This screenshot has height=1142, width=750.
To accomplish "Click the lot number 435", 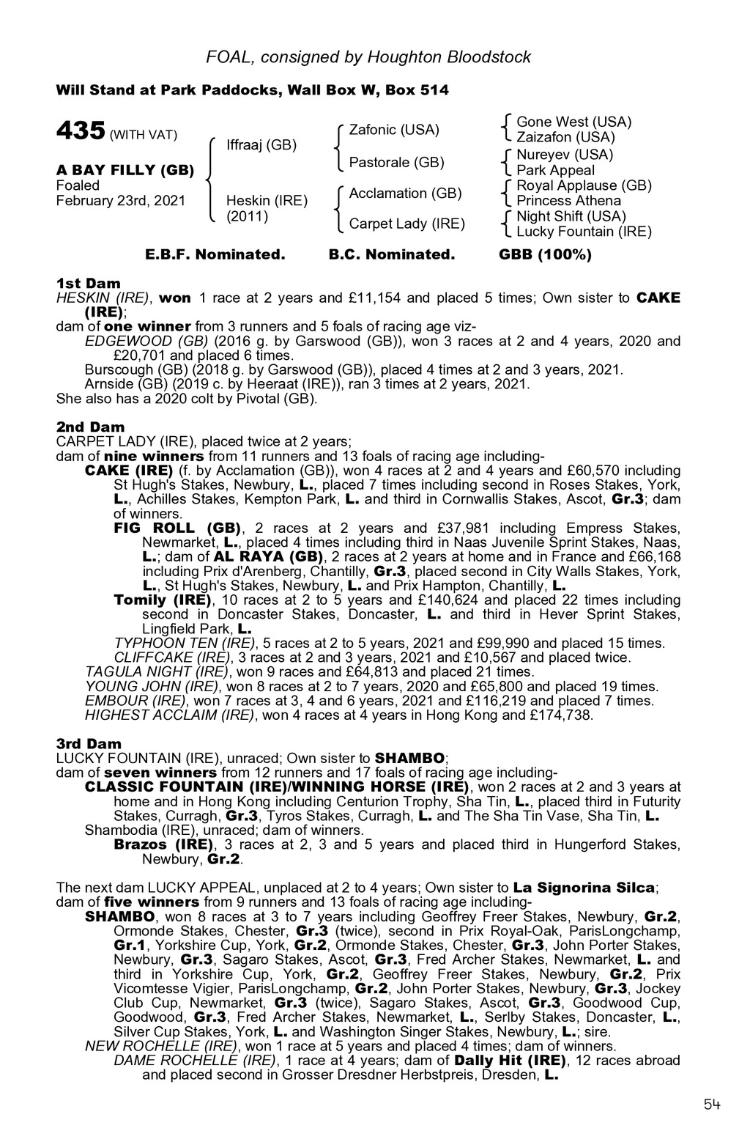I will [81, 132].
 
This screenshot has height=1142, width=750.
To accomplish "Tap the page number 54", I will [713, 1105].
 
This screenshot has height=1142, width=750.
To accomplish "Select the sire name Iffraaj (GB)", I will [261, 144].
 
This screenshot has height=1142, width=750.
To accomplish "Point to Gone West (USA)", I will [573, 122].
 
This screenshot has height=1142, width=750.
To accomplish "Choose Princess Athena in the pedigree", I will [568, 201].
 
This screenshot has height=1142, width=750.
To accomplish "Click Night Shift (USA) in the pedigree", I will [571, 216].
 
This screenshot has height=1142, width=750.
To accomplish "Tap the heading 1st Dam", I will [89, 283].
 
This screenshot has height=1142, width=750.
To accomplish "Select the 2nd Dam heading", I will [90, 427].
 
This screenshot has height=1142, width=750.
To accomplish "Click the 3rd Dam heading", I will [89, 743].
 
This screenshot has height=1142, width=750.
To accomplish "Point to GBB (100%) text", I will [545, 254].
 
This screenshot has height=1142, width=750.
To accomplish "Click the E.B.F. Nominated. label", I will [215, 254].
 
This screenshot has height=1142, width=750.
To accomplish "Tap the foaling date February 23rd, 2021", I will [121, 201].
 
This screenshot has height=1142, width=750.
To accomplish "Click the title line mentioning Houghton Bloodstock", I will [368, 56].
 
